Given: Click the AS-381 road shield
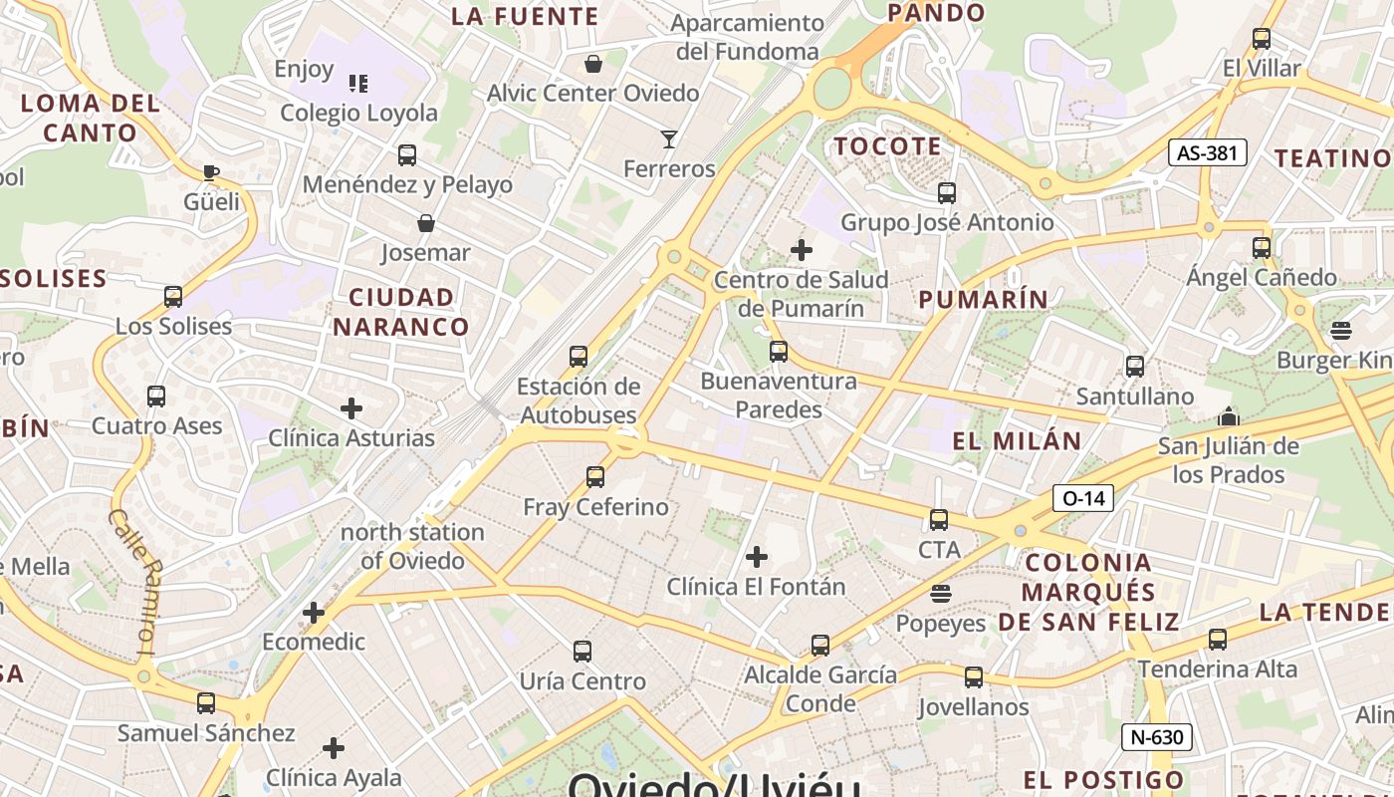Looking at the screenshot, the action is tap(1207, 152).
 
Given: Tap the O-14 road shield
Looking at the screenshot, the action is tap(1082, 497).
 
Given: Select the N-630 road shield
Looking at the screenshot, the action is tap(1156, 737).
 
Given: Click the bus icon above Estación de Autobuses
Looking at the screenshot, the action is tap(579, 356).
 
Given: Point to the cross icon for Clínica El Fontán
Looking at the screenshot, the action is tap(757, 556).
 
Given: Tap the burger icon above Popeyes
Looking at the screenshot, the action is tap(940, 594).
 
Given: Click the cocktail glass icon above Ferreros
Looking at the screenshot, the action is tap(669, 138).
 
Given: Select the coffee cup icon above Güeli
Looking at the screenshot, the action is tap(211, 172).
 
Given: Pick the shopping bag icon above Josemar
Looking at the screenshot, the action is tap(425, 223).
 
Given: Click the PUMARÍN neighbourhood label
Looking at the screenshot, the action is tap(983, 299).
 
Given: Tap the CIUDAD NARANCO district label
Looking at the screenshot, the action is tap(401, 312).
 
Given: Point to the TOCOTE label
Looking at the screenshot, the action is tap(887, 146).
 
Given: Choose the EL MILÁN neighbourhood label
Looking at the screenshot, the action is tap(1017, 440).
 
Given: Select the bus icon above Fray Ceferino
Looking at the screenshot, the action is tap(595, 476).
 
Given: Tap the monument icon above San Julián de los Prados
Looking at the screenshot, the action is tap(1229, 416).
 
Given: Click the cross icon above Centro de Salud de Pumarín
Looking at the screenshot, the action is tap(802, 250).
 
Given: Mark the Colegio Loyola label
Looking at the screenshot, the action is tap(358, 113).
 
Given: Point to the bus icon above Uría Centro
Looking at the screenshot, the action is tap(582, 652).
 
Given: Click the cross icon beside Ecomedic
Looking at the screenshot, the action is tap(314, 612).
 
